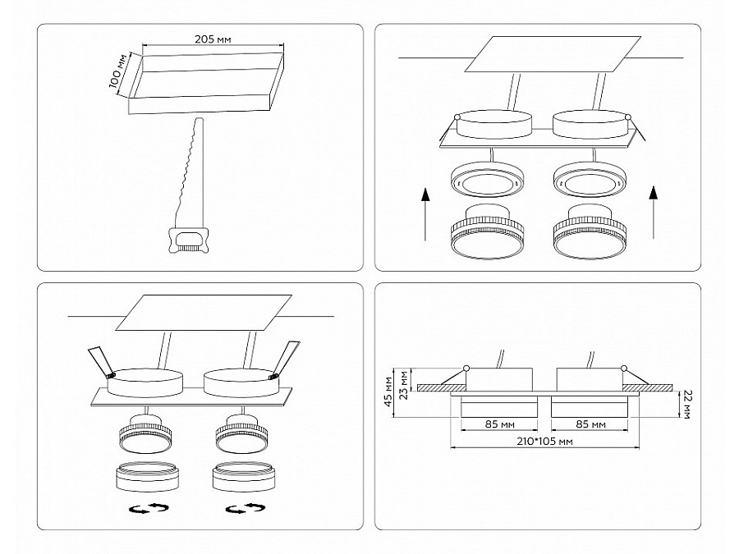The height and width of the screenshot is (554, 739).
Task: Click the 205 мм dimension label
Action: point(213,39)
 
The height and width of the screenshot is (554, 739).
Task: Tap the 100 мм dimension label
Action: point(117,71)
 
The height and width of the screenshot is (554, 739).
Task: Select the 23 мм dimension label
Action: point(403,385)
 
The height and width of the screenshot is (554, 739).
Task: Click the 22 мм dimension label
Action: point(686,404)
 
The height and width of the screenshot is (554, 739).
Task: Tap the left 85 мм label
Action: point(499,424)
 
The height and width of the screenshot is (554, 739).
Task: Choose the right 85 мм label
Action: point(590,424)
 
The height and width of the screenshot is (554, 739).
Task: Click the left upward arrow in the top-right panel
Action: point(425,214)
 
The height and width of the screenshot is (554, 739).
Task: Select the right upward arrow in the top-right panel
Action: point(654,212)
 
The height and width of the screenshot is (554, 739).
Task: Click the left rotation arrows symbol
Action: point(149,508)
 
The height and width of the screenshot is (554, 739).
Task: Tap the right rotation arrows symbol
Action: point(245,508)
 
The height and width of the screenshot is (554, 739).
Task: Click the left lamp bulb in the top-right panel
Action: point(488,231)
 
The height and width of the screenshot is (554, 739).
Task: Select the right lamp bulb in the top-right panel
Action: point(591,231)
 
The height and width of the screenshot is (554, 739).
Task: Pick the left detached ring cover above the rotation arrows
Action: point(148,477)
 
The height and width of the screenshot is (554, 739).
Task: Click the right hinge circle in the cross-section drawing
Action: point(625,369)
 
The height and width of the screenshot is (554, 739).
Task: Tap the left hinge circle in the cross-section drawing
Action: point(466,369)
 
